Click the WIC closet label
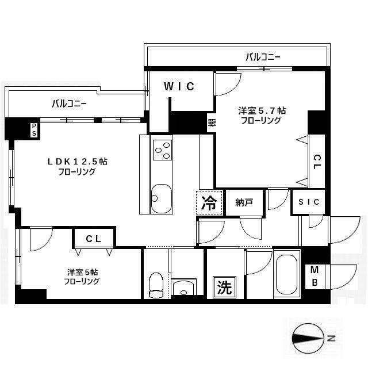[179, 87]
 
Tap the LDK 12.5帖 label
[77, 162]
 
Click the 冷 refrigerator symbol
[210, 202]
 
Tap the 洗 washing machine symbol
[224, 287]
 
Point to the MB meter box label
[315, 277]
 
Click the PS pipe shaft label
[34, 129]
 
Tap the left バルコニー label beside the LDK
[70, 103]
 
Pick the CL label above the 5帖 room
[94, 238]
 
